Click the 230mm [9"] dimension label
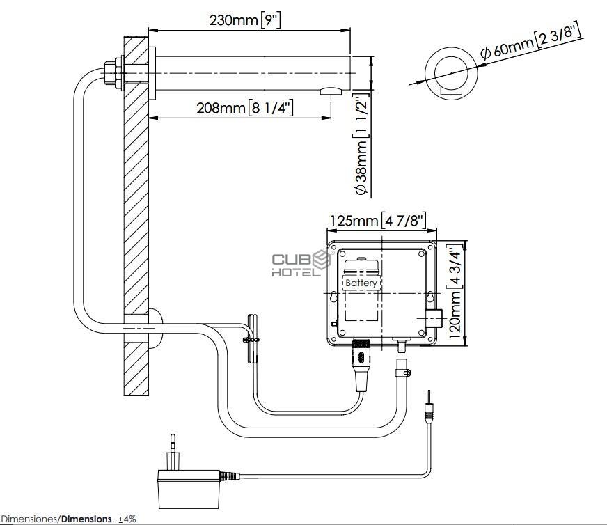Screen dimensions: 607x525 point(245,19)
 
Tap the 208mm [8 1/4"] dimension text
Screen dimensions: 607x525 point(244,107)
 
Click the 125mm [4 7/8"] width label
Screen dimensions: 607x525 point(378,221)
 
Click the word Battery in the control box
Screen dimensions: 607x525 point(361,283)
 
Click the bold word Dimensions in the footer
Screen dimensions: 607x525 point(87,519)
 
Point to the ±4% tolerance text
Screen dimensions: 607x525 point(127,519)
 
